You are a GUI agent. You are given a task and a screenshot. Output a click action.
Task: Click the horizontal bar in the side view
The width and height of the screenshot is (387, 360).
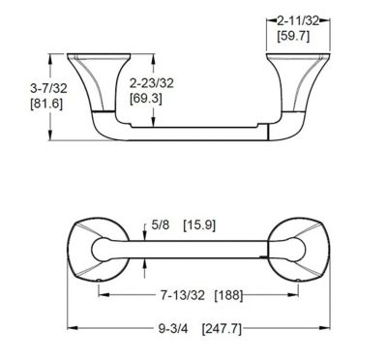(x=193, y=135)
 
